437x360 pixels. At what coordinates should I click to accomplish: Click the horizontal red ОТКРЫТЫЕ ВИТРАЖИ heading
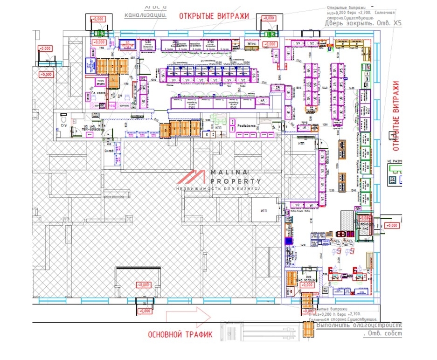coord(214,15)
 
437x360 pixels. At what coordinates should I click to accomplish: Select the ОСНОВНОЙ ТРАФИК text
coord(180,334)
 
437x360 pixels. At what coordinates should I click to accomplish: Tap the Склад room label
coord(109,151)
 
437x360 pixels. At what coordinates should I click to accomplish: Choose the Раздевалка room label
coord(246,126)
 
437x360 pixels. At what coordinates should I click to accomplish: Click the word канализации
coord(146,15)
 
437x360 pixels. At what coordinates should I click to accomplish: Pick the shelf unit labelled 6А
coord(262,101)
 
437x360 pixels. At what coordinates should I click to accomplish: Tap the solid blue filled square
coord(288,241)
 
